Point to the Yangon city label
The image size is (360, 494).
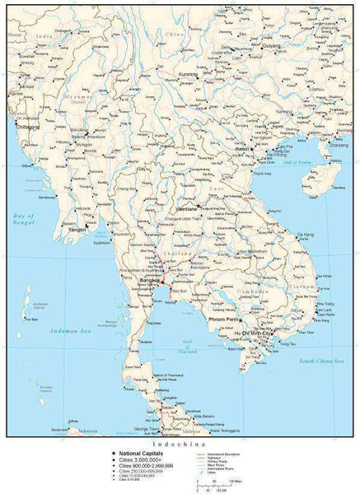point(77,230)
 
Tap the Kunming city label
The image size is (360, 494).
point(188,75)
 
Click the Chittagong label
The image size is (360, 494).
point(25,128)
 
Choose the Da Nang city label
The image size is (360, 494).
point(305,235)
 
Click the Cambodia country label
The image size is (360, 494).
point(235,291)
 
